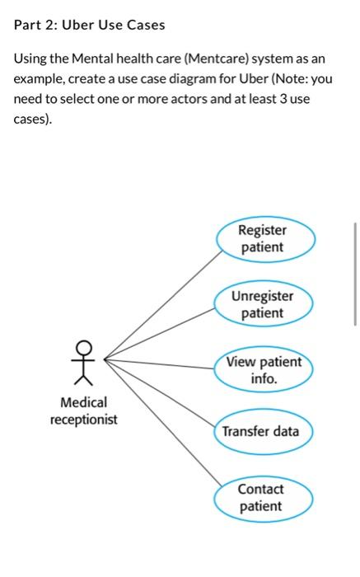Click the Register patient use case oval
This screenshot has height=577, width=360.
click(263, 239)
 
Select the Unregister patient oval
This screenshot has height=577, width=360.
click(263, 304)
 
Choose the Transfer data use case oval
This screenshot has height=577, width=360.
click(261, 431)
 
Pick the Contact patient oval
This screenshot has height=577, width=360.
click(261, 498)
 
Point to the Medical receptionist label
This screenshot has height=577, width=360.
click(83, 410)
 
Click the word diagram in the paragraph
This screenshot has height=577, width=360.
click(183, 80)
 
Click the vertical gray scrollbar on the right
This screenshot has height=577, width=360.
click(354, 272)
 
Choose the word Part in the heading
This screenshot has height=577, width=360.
click(28, 25)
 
